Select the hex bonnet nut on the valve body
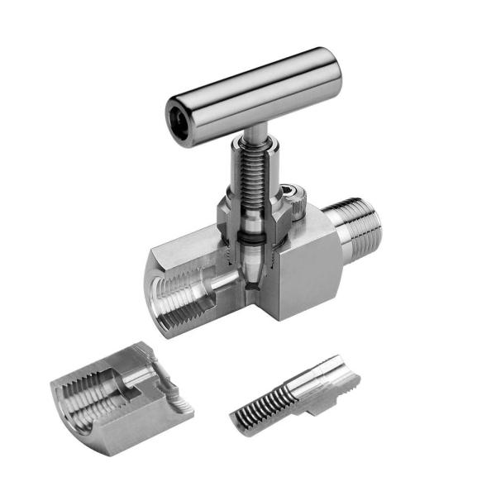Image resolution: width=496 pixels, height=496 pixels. point(252,219)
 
